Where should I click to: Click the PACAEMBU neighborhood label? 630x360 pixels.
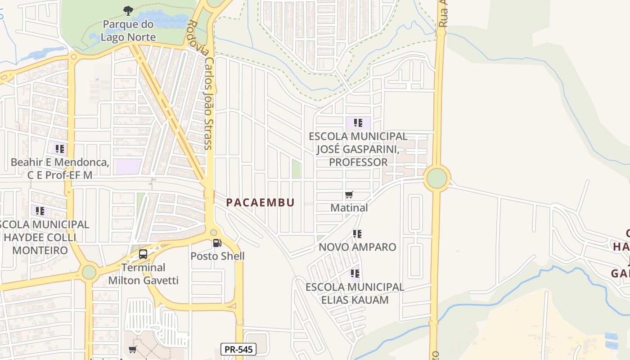point(260,202)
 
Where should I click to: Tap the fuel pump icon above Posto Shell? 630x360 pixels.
point(217,243)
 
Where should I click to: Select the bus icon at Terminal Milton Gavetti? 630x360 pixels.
point(143,254)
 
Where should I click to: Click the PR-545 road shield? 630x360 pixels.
point(238,349)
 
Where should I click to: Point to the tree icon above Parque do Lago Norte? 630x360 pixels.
point(128,10)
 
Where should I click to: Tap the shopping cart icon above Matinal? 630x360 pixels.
point(349,195)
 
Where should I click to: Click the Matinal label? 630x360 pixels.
point(349,207)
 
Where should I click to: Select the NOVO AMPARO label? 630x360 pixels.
point(357,247)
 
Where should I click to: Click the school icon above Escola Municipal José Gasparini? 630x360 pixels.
point(358,122)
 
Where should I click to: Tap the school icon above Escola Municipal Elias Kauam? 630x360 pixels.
point(355,273)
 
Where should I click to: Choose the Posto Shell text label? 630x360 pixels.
point(217,256)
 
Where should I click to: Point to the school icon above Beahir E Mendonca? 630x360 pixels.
point(60,148)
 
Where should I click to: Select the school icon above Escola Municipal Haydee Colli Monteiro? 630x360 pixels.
point(40,211)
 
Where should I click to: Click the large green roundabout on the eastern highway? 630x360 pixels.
point(436,178)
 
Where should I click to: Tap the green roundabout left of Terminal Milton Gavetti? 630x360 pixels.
point(89,272)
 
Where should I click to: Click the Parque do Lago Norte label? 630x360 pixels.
point(128,31)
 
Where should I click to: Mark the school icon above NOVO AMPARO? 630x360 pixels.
point(357,234)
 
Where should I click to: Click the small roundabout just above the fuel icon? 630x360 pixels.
point(213,233)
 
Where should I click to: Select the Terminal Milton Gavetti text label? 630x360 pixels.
point(144,274)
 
